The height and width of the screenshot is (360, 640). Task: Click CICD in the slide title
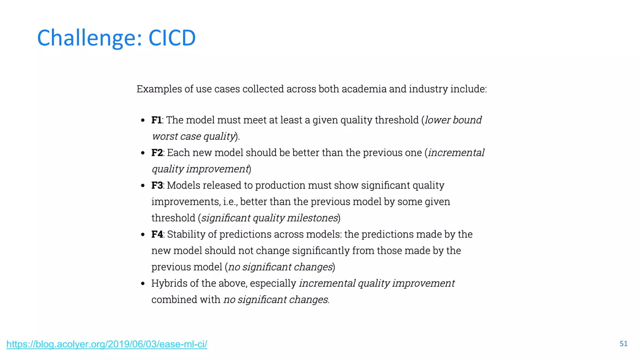172,38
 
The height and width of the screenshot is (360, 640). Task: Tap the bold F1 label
156,120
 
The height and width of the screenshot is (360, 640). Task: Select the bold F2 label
157,153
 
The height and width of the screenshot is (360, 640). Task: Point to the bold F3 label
157,185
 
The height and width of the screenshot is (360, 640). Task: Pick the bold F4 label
157,234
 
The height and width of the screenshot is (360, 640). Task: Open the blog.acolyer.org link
107,344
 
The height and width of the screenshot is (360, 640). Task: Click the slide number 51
623,344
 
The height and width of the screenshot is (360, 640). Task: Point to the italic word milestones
312,218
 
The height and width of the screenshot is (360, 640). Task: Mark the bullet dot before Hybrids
143,284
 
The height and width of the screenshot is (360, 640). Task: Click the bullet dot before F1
143,120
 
